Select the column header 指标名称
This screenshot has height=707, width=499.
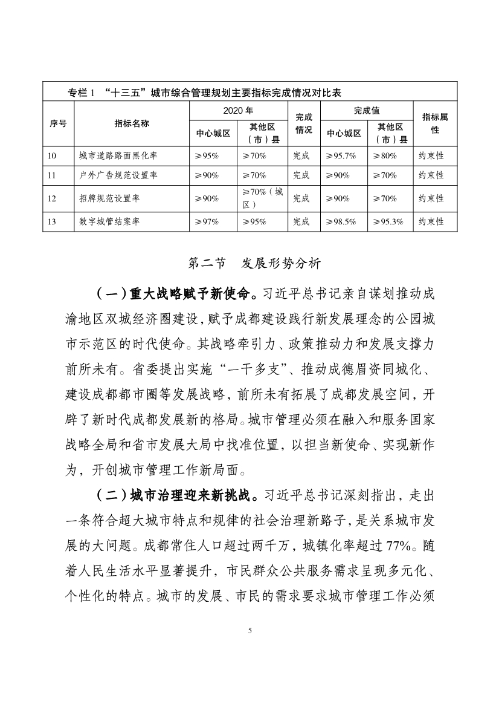[x=132, y=123]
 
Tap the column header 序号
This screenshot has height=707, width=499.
[x=58, y=123]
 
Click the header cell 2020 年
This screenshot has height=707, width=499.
[x=238, y=111]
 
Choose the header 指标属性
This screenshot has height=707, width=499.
[x=435, y=123]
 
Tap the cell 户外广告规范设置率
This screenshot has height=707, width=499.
[x=118, y=175]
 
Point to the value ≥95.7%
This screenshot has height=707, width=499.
[x=341, y=155]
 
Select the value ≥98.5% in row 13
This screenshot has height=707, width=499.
[x=341, y=221]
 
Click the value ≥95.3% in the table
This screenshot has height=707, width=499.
[x=388, y=221]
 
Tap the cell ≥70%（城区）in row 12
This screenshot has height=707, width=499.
[x=262, y=198]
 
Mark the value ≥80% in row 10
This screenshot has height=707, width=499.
[x=385, y=155]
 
